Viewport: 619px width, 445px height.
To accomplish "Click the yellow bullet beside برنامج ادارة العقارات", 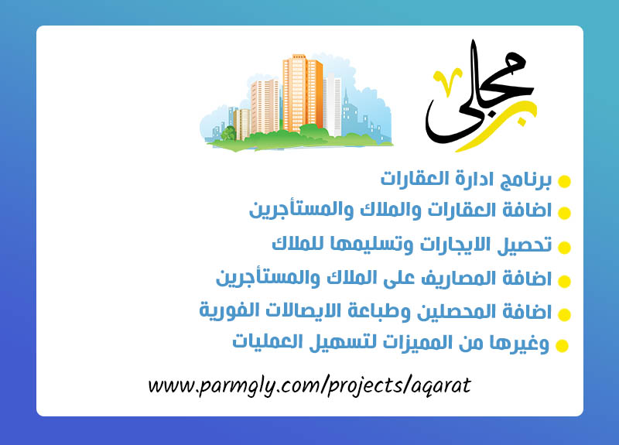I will pyautogui.click(x=564, y=182).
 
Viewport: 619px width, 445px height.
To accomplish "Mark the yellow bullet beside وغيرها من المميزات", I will pyautogui.click(x=563, y=346).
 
